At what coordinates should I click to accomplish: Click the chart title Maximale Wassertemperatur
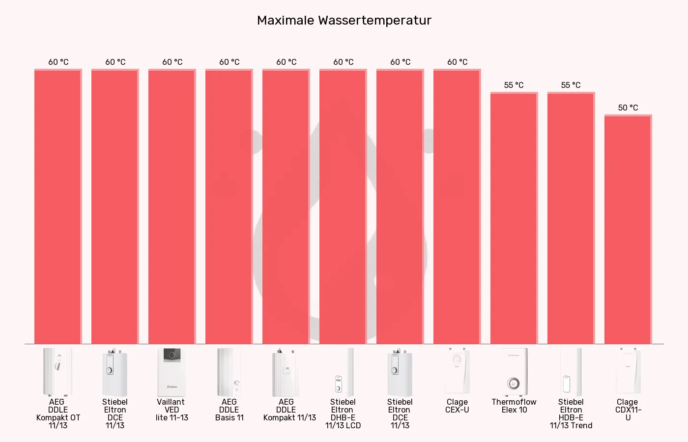point(344,21)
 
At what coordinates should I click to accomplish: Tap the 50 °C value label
point(628,108)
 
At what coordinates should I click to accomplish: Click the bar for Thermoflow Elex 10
point(514,219)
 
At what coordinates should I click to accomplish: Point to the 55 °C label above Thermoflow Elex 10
point(514,85)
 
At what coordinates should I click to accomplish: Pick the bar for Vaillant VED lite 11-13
point(172,207)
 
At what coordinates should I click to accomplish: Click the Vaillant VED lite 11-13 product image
point(172,372)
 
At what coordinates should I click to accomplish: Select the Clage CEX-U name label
point(457,406)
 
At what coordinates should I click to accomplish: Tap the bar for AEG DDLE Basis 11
point(229,207)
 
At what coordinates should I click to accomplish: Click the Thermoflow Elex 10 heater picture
point(514,372)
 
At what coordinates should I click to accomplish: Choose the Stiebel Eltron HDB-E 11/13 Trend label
point(571,414)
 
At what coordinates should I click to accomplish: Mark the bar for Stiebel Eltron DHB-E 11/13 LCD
point(343,207)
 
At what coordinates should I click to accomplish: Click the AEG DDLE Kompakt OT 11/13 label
point(58,414)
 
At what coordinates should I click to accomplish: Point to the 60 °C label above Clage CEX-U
point(457,62)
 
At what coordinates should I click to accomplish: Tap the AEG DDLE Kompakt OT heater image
point(58,372)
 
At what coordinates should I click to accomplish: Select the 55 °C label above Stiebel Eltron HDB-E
point(571,85)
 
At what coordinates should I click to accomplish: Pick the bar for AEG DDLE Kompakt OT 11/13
point(58,207)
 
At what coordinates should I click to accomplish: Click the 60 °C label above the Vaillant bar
point(172,62)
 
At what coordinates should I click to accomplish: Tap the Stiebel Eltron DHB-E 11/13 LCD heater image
point(343,372)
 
